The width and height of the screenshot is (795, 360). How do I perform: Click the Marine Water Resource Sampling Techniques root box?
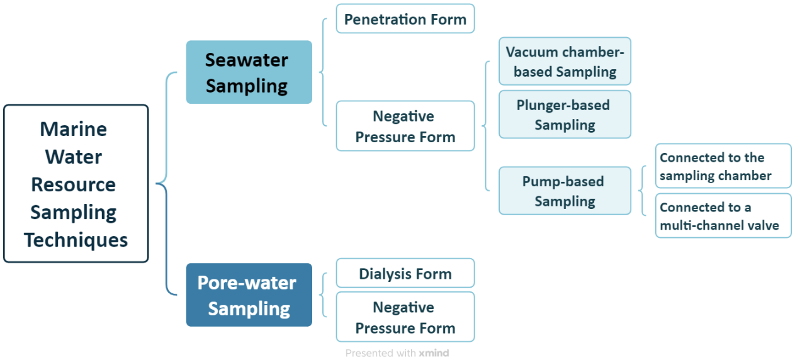pyautogui.click(x=76, y=183)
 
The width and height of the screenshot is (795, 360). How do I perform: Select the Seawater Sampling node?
pyautogui.click(x=249, y=72)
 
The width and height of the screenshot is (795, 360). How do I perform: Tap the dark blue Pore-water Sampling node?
pyautogui.click(x=249, y=295)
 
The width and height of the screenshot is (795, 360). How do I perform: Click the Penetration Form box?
pyautogui.click(x=405, y=19)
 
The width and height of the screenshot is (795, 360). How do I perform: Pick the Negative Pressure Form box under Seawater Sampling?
pyautogui.click(x=405, y=127)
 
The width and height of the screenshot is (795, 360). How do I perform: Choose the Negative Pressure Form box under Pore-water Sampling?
pyautogui.click(x=405, y=317)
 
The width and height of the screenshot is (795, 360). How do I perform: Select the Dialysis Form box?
pyautogui.click(x=405, y=274)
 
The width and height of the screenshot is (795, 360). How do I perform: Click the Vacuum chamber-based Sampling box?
pyautogui.click(x=565, y=61)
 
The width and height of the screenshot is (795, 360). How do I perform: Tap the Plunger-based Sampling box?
pyautogui.click(x=565, y=115)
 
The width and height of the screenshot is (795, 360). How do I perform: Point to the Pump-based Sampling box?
pyautogui.click(x=565, y=191)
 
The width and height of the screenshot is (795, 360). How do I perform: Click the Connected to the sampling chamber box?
pyautogui.click(x=723, y=167)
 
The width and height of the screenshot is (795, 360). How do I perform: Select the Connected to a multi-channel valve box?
pyautogui.click(x=723, y=216)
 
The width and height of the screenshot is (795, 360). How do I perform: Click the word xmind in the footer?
pyautogui.click(x=434, y=353)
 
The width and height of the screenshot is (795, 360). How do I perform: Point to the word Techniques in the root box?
pyautogui.click(x=76, y=240)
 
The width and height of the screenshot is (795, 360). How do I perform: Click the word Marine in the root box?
pyautogui.click(x=73, y=129)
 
